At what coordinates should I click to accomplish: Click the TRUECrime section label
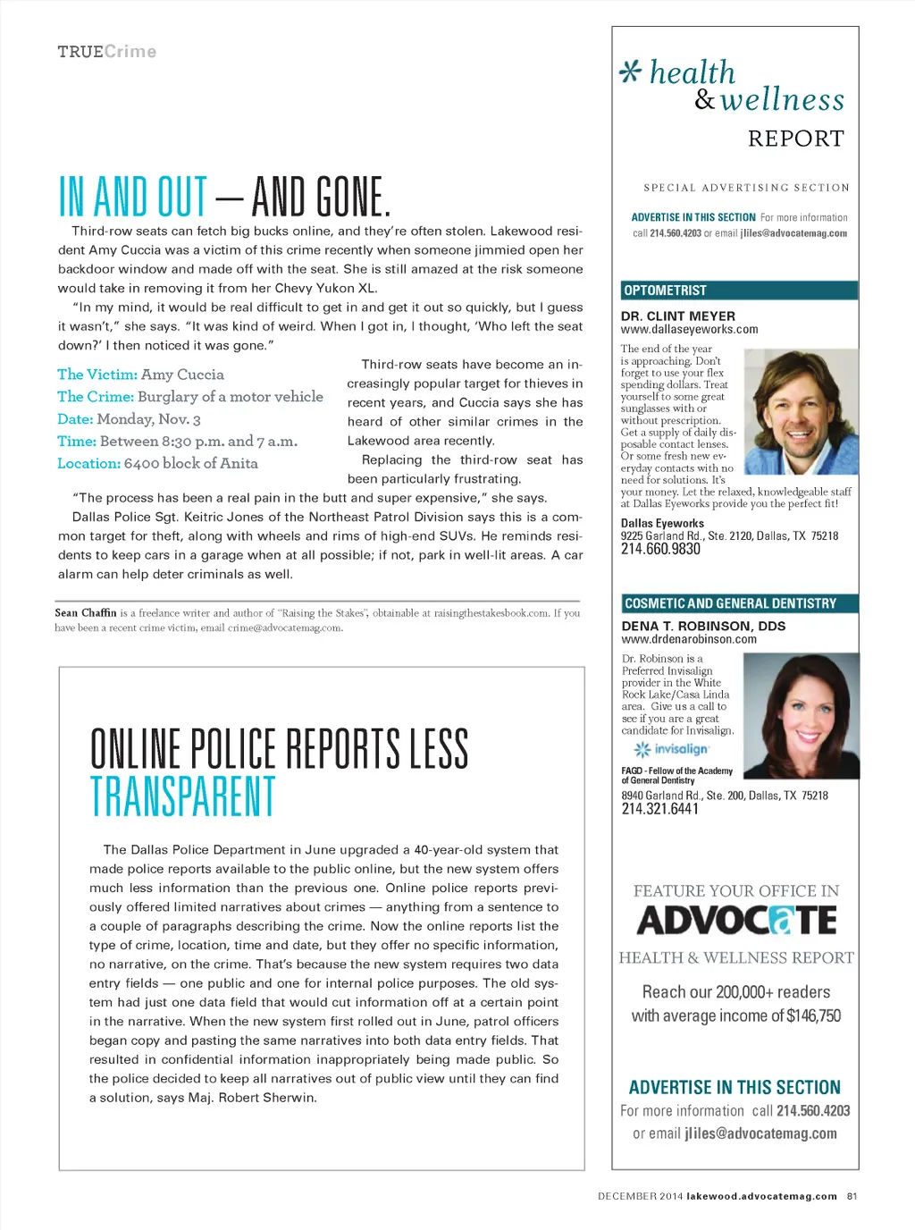pos(107,52)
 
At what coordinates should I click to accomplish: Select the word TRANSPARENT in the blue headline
pos(182,796)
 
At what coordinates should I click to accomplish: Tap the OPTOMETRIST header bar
pos(739,291)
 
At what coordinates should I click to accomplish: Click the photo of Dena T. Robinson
pos(800,715)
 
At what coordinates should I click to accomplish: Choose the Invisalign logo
pos(671,749)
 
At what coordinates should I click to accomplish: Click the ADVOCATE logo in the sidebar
pos(736,921)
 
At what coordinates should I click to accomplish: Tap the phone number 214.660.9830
pos(660,550)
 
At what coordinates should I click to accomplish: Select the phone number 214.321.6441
pos(660,809)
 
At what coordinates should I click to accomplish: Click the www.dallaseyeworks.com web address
pos(689,329)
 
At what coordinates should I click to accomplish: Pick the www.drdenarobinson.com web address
pos(689,639)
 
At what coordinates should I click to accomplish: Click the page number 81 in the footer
pos(852,1196)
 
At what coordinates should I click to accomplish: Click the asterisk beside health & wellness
pos(631,72)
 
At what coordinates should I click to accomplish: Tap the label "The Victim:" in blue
pos(97,375)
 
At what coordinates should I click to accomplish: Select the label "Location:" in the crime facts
pos(88,463)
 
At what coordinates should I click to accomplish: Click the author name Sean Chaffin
pos(86,613)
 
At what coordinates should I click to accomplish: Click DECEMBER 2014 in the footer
pos(640,1196)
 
